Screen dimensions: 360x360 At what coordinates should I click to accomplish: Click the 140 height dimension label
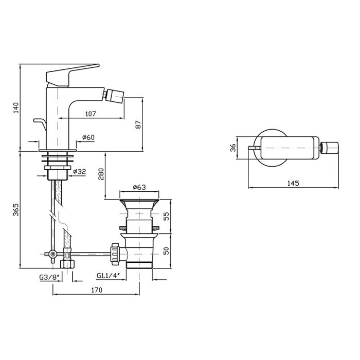[16, 107]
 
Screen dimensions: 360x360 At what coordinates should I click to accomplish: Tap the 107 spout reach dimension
[91, 114]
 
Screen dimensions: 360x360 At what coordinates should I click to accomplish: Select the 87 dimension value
[138, 124]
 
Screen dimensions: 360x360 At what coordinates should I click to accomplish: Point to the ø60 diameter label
[88, 137]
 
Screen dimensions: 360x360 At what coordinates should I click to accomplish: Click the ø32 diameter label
[79, 171]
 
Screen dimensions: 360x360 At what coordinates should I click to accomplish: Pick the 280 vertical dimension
[101, 174]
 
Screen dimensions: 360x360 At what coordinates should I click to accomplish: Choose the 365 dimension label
[16, 210]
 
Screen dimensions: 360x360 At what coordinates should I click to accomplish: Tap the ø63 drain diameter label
[139, 187]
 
